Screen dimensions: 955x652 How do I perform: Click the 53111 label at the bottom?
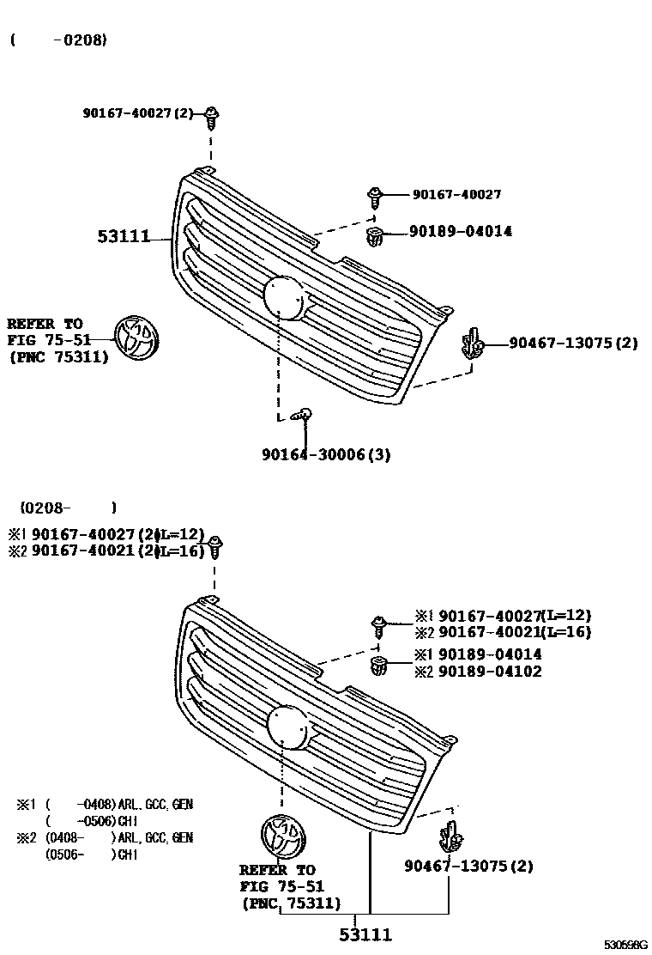point(365,934)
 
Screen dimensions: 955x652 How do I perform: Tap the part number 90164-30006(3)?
point(326,454)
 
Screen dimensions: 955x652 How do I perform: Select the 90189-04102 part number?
point(490,672)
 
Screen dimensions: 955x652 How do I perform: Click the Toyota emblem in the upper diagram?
point(137,338)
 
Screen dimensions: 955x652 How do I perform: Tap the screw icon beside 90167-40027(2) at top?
point(212,114)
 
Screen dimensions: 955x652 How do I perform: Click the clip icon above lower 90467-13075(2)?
point(451,835)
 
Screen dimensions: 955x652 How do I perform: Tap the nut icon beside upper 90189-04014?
point(375,235)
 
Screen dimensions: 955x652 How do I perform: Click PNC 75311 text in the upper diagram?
point(59,358)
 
